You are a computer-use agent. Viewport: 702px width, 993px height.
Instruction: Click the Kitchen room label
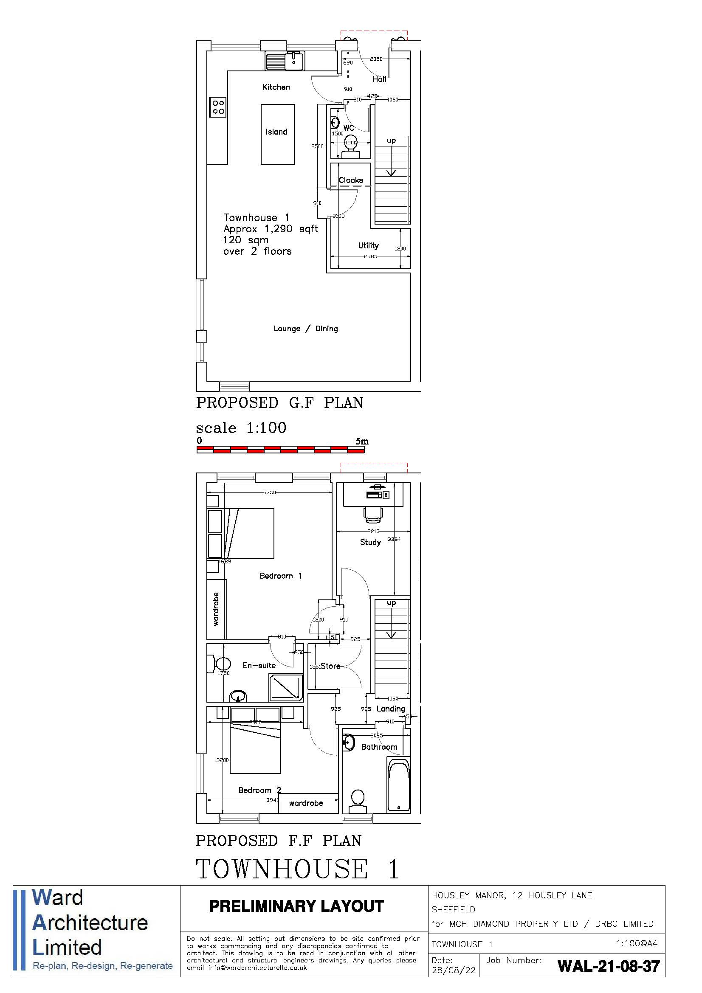pyautogui.click(x=276, y=87)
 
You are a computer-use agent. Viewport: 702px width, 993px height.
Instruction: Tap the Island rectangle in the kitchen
pyautogui.click(x=277, y=134)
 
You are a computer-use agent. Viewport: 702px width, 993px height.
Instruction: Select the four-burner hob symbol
pyautogui.click(x=217, y=107)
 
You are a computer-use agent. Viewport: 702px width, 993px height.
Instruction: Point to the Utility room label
pyautogui.click(x=368, y=246)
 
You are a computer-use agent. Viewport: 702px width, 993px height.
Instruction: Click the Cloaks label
pyautogui.click(x=351, y=180)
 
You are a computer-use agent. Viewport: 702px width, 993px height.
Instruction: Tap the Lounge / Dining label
pyautogui.click(x=305, y=329)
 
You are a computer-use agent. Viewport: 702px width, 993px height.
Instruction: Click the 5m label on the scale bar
pyautogui.click(x=362, y=442)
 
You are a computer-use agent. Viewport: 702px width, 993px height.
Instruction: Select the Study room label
pyautogui.click(x=370, y=542)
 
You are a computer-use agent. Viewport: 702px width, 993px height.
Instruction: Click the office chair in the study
pyautogui.click(x=373, y=513)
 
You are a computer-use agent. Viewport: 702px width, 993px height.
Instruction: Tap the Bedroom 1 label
pyautogui.click(x=280, y=576)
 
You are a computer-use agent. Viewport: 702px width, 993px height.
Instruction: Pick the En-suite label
pyautogui.click(x=259, y=666)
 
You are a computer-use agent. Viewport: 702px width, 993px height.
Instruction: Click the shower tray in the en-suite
pyautogui.click(x=286, y=688)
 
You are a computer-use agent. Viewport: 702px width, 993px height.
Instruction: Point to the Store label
pyautogui.click(x=330, y=667)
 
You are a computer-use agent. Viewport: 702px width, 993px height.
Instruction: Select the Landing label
pyautogui.click(x=390, y=709)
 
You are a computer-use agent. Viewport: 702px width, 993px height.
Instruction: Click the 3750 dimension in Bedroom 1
pyautogui.click(x=270, y=492)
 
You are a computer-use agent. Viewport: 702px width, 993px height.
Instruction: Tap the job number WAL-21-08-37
pyautogui.click(x=609, y=966)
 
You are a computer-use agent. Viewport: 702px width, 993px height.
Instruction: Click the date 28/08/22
pyautogui.click(x=453, y=970)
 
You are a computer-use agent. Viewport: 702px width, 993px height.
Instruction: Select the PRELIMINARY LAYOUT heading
pyautogui.click(x=297, y=906)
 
